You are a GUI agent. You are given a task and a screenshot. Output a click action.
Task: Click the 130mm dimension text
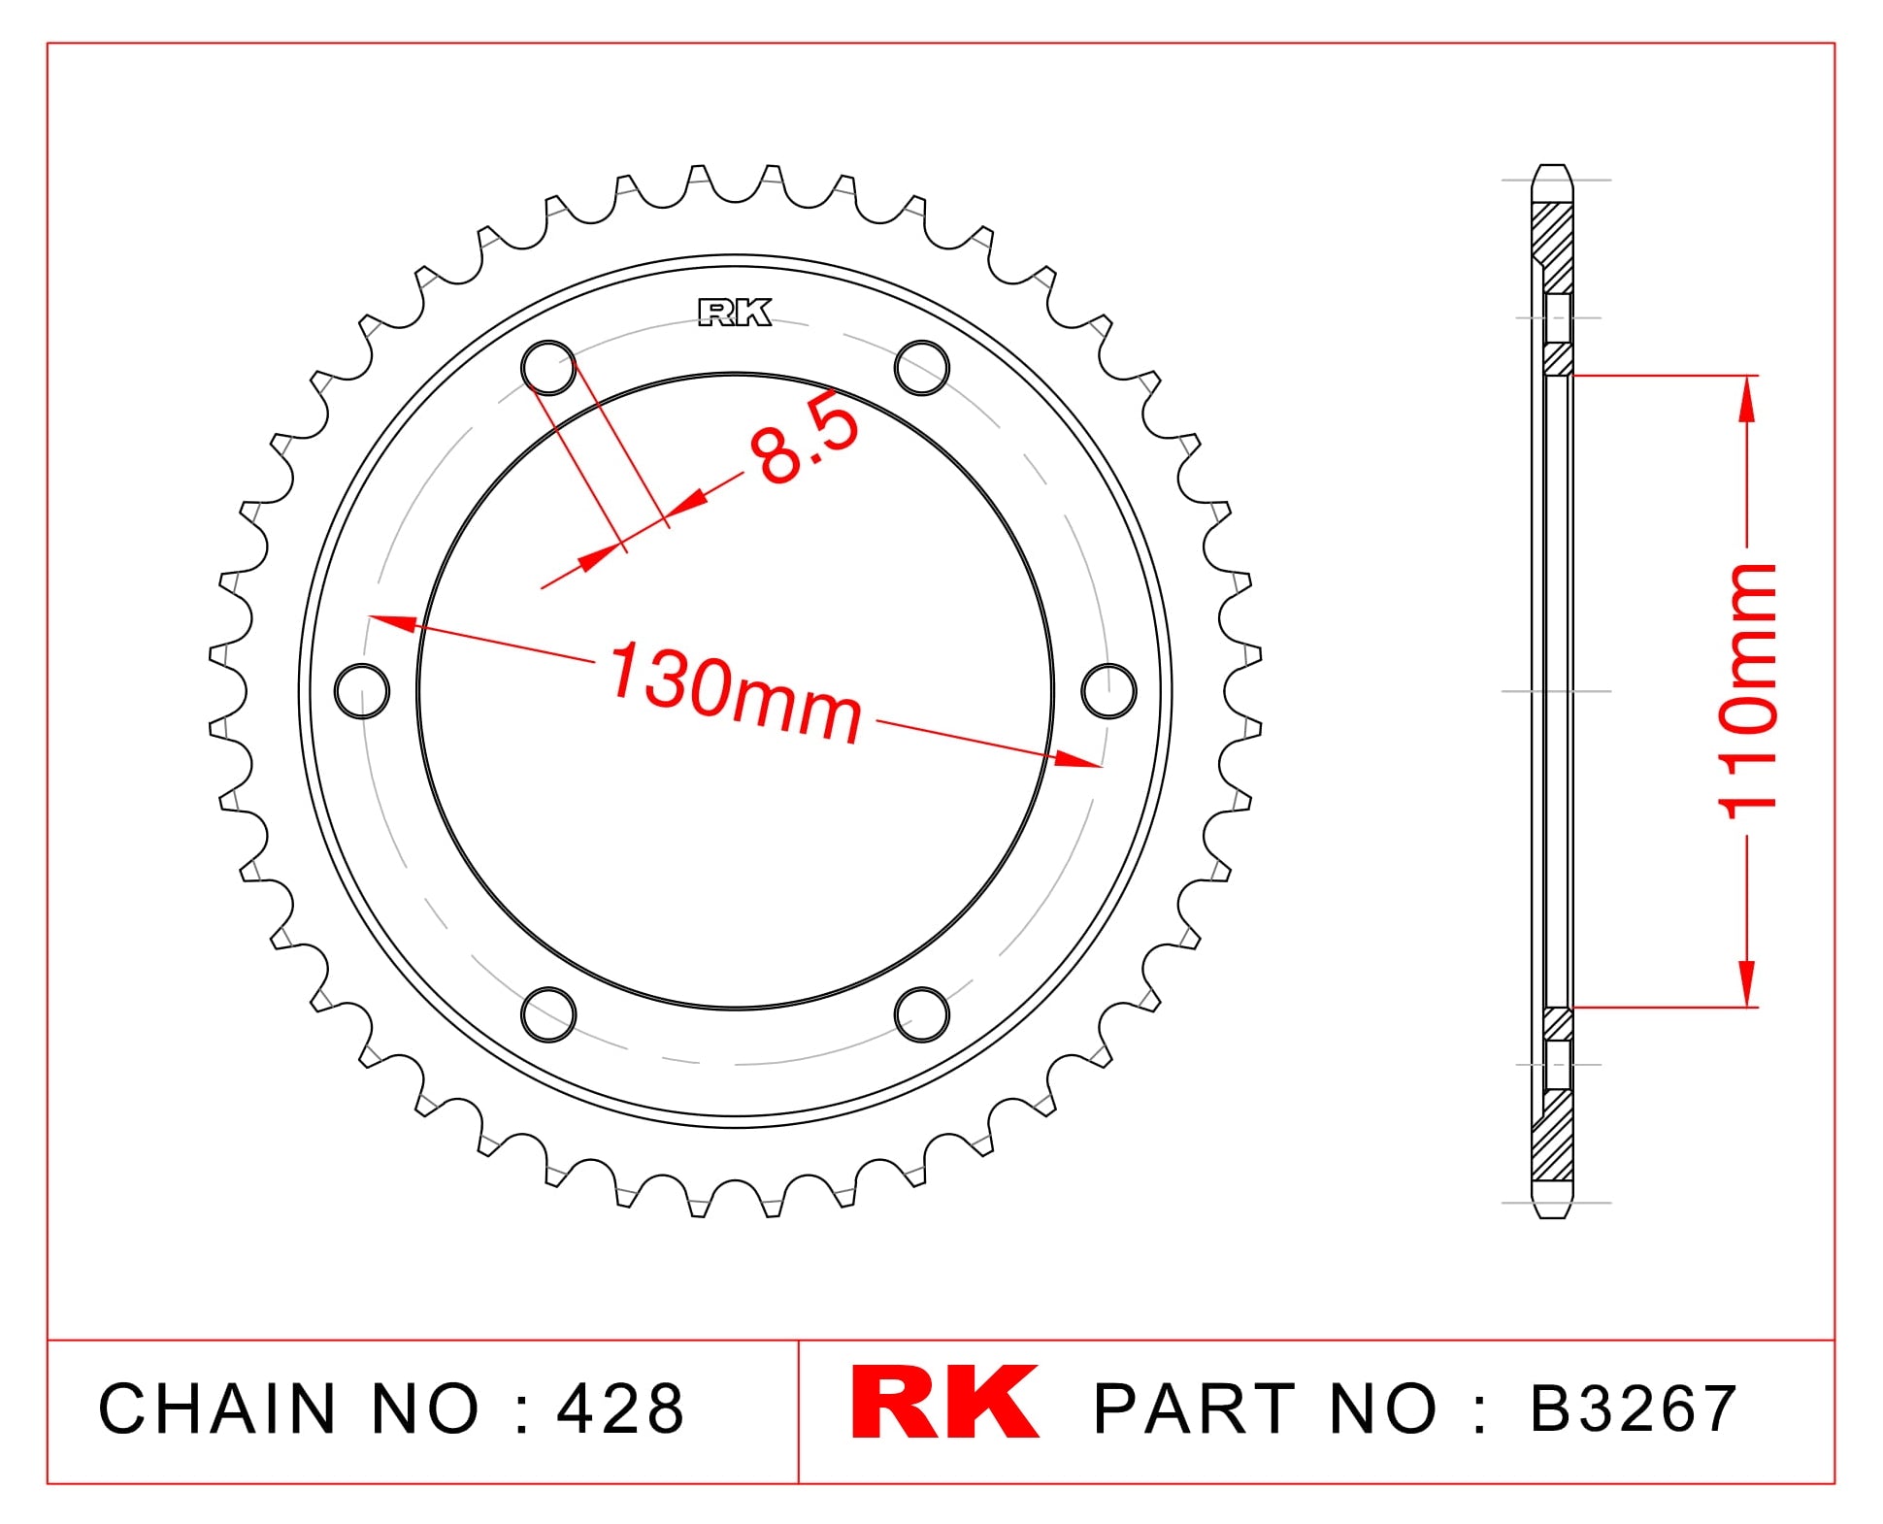coord(735,692)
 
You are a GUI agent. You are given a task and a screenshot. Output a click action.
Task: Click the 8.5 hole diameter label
coord(805,439)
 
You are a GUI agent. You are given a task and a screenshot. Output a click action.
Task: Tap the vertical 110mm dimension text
coord(1747,691)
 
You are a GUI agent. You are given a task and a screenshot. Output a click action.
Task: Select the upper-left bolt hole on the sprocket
coord(548,368)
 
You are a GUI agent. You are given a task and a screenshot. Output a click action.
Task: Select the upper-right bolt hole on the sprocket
coord(922,368)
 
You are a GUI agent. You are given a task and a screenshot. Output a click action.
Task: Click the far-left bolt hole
coord(362,690)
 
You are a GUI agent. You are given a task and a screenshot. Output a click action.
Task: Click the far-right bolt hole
coord(1108,690)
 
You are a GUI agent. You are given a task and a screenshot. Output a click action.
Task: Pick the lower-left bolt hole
coord(548,1014)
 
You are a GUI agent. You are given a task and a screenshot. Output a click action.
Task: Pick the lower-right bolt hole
coord(922,1014)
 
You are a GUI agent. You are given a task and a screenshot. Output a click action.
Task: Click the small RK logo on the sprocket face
coord(735,313)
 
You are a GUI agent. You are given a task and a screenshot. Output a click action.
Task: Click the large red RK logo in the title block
coord(943,1403)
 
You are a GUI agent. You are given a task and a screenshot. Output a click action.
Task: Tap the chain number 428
coord(620,1408)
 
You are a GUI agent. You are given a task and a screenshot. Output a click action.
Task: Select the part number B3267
coord(1634,1408)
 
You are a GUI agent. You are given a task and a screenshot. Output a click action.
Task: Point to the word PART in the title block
coord(1195,1408)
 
